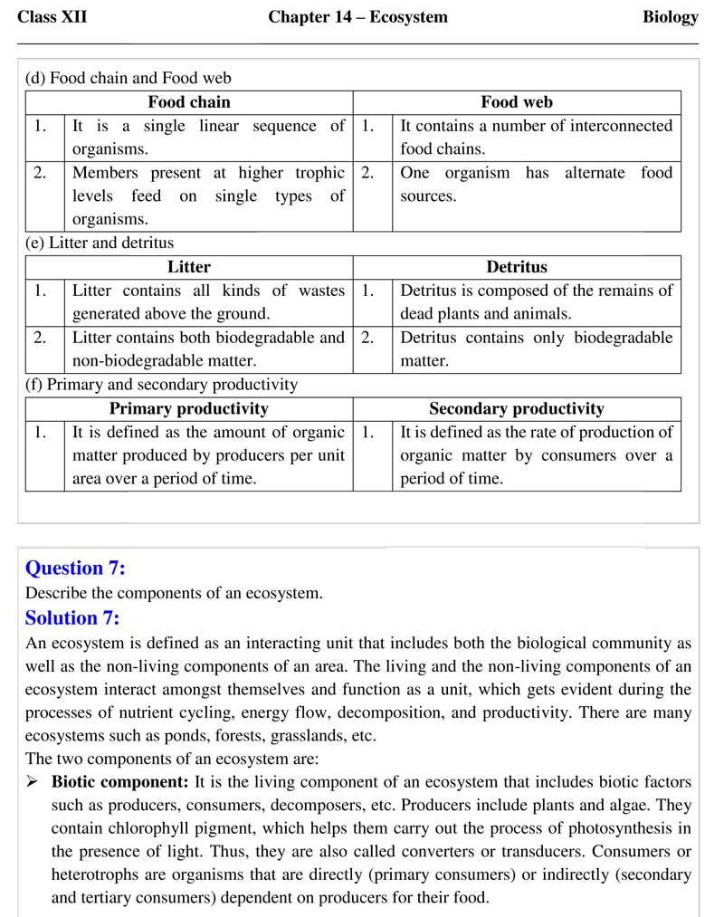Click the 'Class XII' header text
[x=52, y=17]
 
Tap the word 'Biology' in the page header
[x=671, y=17]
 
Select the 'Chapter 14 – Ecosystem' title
[x=357, y=17]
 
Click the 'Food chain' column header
[x=189, y=102]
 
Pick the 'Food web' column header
[x=517, y=102]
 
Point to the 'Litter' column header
[x=189, y=267]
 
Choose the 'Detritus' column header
[x=517, y=267]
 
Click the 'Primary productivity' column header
[x=189, y=408]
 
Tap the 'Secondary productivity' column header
[x=517, y=408]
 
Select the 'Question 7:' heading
[x=75, y=568]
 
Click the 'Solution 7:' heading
[x=72, y=618]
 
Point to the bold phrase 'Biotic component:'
[x=119, y=781]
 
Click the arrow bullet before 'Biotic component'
[x=33, y=781]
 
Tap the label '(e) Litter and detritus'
[x=100, y=243]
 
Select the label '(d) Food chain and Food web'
[x=128, y=78]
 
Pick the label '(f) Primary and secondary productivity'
[x=161, y=384]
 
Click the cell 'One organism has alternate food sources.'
[x=536, y=185]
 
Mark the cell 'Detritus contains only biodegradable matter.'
[x=536, y=349]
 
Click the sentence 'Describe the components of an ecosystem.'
[x=174, y=594]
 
